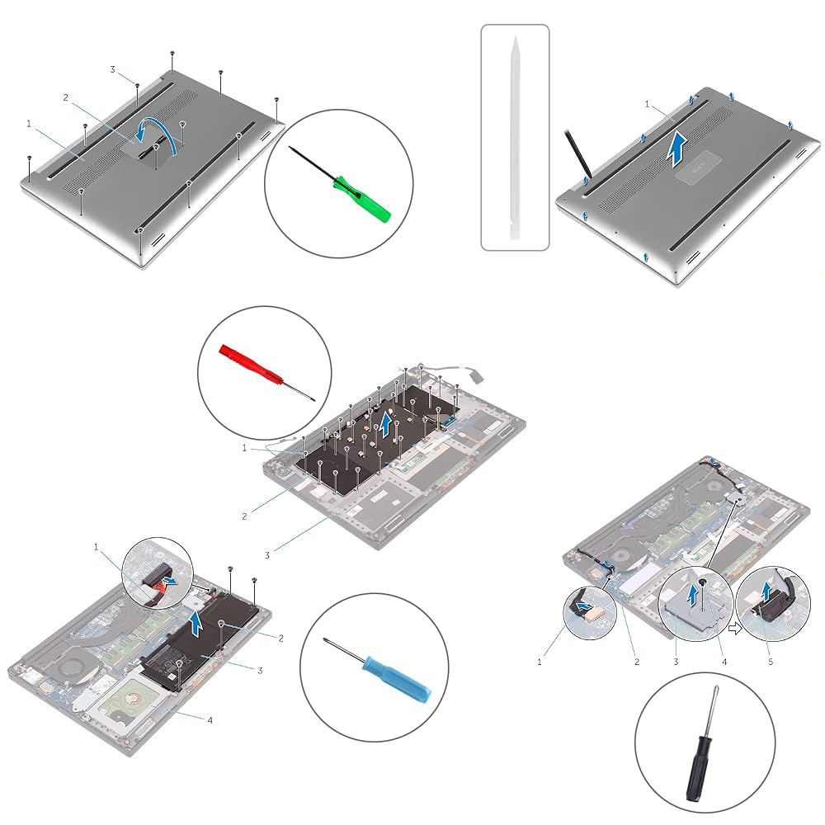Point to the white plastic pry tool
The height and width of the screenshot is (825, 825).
point(515,136)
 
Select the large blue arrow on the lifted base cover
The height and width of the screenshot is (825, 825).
point(676,148)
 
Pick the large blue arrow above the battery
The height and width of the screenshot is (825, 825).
point(195,620)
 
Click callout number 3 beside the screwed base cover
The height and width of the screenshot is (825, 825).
point(112,69)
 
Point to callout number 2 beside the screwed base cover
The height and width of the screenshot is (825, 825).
point(65,97)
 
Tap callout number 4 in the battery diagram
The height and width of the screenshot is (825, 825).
point(210,720)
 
